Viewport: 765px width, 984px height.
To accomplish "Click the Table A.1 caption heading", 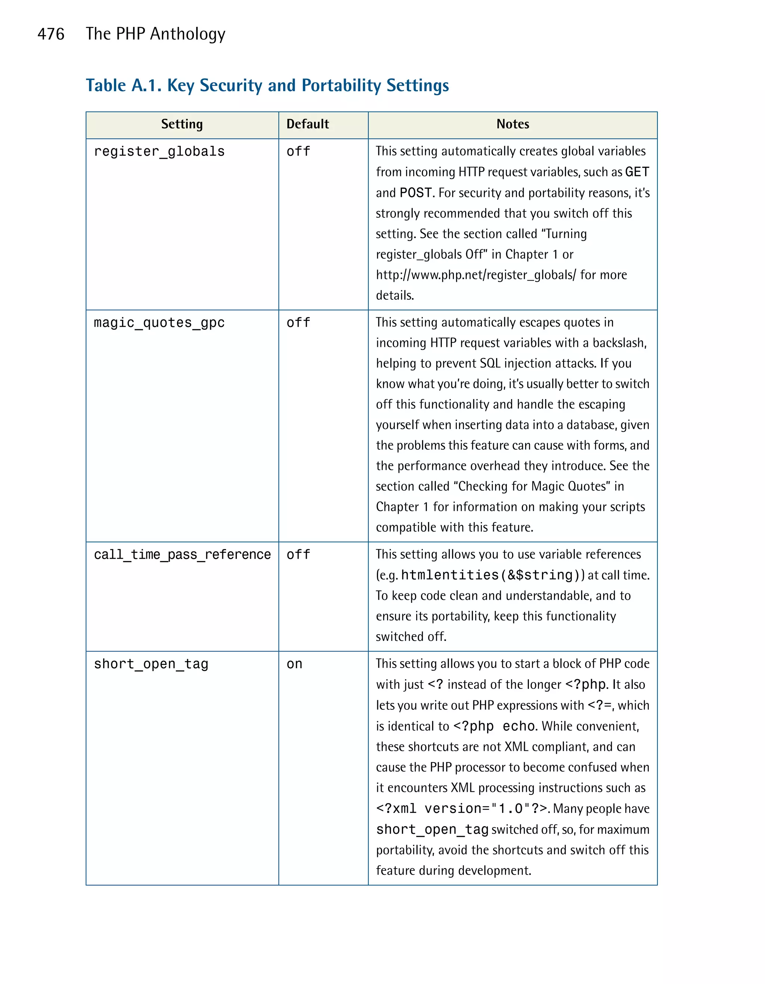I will pos(267,86).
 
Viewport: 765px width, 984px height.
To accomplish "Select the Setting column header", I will pos(182,124).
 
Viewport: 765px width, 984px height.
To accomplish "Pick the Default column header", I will pos(307,124).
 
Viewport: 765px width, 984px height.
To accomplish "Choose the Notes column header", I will pos(512,124).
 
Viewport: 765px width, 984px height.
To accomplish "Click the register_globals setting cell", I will pos(159,152).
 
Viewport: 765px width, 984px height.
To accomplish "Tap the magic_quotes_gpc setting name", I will pos(159,323).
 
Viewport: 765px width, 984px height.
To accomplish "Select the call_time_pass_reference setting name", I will pos(182,555).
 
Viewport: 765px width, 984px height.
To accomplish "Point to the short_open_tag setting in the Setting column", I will pos(151,664).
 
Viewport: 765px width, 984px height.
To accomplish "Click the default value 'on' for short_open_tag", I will pos(294,664).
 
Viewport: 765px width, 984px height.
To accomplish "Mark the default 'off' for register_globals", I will pos(298,152).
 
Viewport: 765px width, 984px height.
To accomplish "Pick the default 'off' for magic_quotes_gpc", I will pos(298,323).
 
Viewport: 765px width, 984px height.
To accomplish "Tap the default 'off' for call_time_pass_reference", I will pos(298,555).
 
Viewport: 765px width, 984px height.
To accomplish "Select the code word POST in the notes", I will pos(416,193).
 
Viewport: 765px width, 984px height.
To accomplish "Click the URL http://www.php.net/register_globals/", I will pos(476,275).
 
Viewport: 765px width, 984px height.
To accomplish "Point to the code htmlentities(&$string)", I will pos(493,576).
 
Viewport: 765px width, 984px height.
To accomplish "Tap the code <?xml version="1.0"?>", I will pos(462,809).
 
